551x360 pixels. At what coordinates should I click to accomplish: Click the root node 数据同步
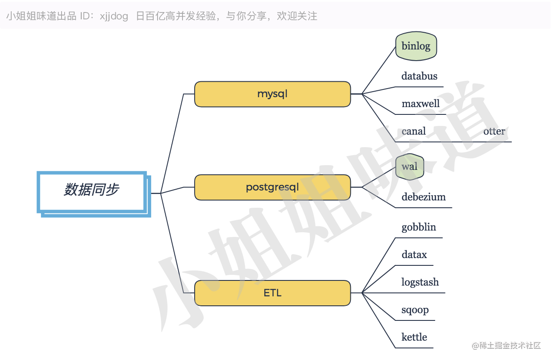pyautogui.click(x=91, y=190)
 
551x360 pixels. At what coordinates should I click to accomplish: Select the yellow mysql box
pyautogui.click(x=272, y=94)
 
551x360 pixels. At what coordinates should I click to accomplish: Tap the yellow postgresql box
pyautogui.click(x=272, y=187)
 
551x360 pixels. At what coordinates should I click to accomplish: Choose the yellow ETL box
pyautogui.click(x=272, y=293)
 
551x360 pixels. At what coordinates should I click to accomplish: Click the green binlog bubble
pyautogui.click(x=416, y=46)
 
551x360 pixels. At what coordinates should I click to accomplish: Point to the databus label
pyautogui.click(x=419, y=76)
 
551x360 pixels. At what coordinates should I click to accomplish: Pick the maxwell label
pyautogui.click(x=421, y=104)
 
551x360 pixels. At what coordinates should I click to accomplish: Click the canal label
pyautogui.click(x=414, y=131)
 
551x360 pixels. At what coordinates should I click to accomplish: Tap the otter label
pyautogui.click(x=494, y=131)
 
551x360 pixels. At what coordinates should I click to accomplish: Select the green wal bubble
pyautogui.click(x=409, y=166)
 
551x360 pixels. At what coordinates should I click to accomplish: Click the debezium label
pyautogui.click(x=424, y=197)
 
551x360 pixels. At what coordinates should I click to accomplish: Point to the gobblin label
pyautogui.click(x=419, y=227)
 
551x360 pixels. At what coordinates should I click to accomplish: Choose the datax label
pyautogui.click(x=414, y=255)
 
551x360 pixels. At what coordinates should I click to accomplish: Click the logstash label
pyautogui.click(x=420, y=282)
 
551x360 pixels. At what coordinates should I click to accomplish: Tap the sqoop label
pyautogui.click(x=415, y=310)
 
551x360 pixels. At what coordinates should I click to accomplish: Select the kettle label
pyautogui.click(x=414, y=337)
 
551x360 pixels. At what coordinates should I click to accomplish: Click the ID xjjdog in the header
pyautogui.click(x=114, y=16)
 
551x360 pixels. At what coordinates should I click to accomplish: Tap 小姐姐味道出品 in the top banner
pyautogui.click(x=41, y=16)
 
